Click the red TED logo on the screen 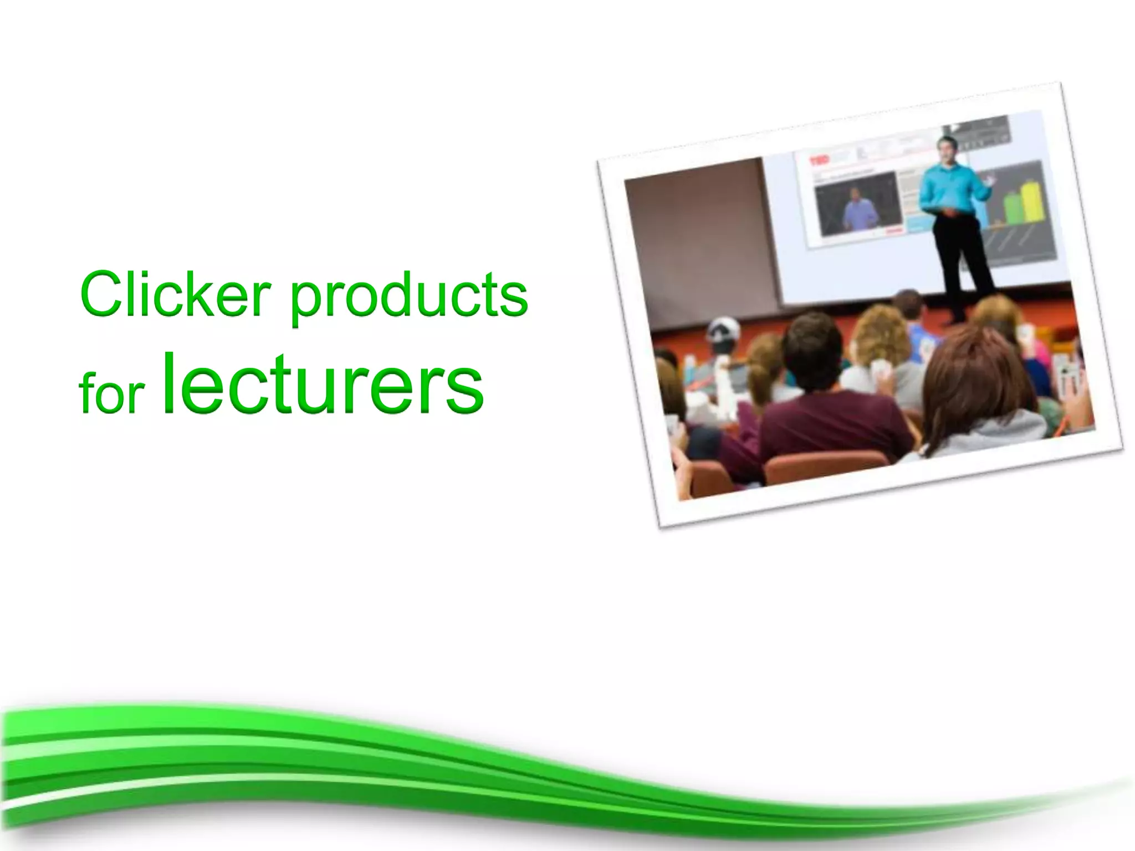[x=819, y=161]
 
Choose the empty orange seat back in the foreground [x=826, y=468]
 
